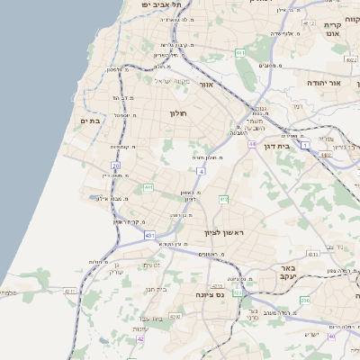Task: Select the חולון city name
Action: click(176, 113)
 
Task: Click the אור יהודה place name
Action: click(324, 82)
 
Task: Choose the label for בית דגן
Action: click(283, 145)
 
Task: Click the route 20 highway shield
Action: click(115, 166)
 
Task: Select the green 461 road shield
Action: click(240, 53)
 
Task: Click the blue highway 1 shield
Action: click(305, 145)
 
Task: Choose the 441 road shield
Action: click(148, 187)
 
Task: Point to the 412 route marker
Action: click(223, 199)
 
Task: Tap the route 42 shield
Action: click(140, 339)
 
